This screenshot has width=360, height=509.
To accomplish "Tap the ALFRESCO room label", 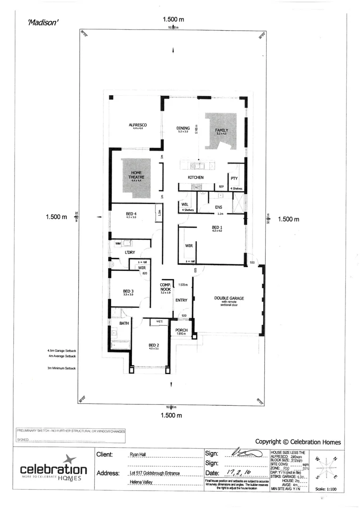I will [x=138, y=125].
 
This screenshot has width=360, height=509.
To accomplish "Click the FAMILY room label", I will [x=221, y=130].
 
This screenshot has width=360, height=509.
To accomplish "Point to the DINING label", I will [x=183, y=128].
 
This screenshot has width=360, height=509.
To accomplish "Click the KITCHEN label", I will [x=196, y=177].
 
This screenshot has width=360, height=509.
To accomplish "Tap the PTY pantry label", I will [x=234, y=179].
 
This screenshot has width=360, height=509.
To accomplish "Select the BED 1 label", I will [x=217, y=228].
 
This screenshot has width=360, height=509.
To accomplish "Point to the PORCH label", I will [x=181, y=330].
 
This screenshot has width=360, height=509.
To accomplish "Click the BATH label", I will [x=124, y=323].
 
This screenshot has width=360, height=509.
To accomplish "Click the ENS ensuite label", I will [x=218, y=207].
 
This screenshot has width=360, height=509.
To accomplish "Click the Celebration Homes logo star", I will [x=69, y=460].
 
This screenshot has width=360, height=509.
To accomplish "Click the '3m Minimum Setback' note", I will [x=62, y=368].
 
